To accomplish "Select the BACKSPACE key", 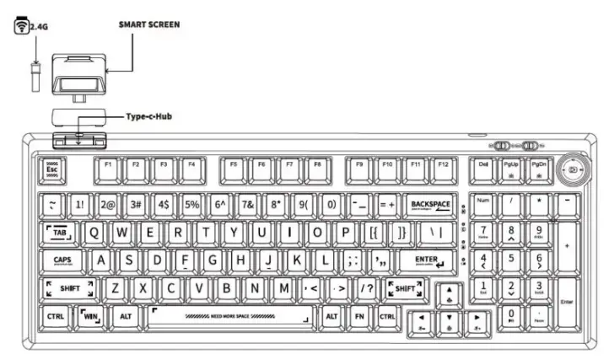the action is (x=429, y=205).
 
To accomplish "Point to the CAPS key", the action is (x=63, y=261).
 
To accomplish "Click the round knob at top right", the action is (x=573, y=170).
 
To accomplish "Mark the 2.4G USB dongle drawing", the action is (x=35, y=75).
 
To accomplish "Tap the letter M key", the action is (x=284, y=289).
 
